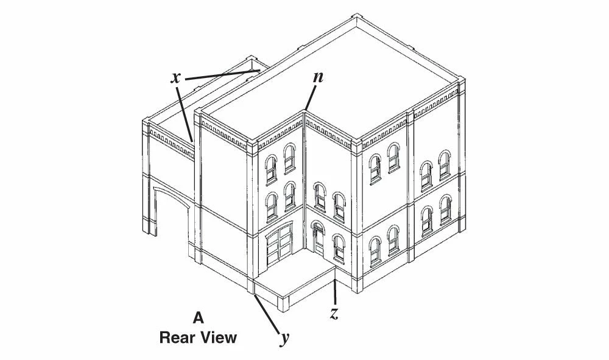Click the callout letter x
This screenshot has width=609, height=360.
coord(176,78)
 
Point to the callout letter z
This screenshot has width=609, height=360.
coord(334,313)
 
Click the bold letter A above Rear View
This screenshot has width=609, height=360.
coord(198,318)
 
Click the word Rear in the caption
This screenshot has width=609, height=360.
coord(178,337)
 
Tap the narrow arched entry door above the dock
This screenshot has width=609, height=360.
coord(317,239)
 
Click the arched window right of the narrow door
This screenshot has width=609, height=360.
coord(338,248)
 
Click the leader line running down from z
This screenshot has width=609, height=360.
coord(335,291)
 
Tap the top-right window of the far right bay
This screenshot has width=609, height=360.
coord(445,166)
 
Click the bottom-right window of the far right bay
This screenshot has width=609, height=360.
coord(446,210)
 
